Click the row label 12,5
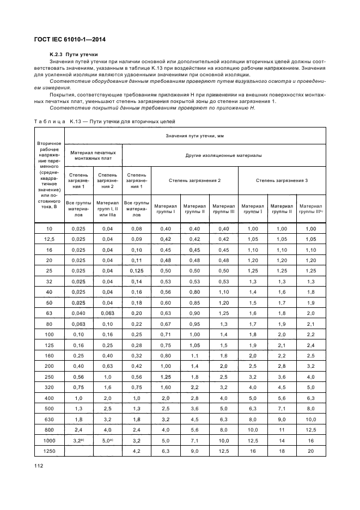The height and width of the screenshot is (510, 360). point(49,239)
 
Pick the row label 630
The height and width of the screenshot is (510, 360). point(49,420)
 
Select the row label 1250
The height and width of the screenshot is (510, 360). point(49,451)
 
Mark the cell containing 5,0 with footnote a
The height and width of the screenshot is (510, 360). point(107,440)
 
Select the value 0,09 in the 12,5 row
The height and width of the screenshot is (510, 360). point(136,239)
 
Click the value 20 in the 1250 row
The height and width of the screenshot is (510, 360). point(310,451)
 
